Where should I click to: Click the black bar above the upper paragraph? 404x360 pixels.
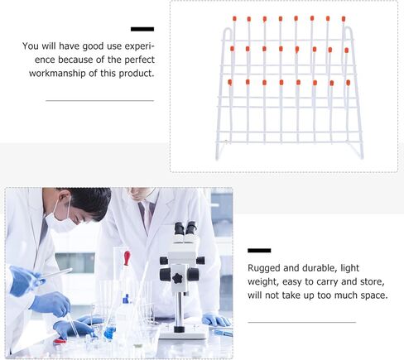(x=142, y=30)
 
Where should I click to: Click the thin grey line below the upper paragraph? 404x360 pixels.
(x=99, y=100)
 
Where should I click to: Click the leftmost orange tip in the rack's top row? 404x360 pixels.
(x=234, y=18)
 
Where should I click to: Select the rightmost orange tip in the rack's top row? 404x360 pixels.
(x=344, y=17)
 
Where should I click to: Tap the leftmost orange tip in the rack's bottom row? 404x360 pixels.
(x=230, y=81)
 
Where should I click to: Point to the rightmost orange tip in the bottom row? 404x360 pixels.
(x=347, y=82)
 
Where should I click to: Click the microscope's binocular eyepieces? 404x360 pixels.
(x=185, y=228)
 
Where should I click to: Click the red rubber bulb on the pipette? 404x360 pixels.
(x=126, y=257)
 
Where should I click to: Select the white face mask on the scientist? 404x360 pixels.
(x=60, y=218)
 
